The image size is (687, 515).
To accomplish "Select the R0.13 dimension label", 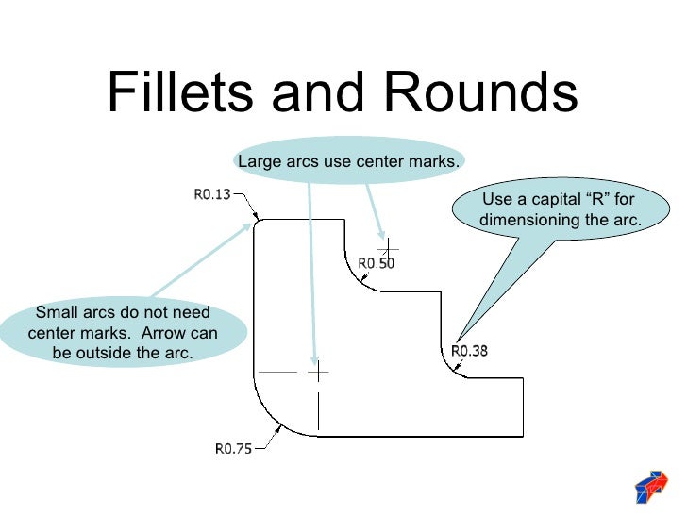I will click(x=212, y=196).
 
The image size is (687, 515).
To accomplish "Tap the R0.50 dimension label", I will click(x=377, y=264).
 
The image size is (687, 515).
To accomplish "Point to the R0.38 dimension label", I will click(x=469, y=351).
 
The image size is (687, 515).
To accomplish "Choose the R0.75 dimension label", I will click(x=234, y=449).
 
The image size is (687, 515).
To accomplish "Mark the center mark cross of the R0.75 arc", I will click(x=319, y=372).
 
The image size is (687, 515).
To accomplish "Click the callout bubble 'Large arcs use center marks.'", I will click(x=348, y=161).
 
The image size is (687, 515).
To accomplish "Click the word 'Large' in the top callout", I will click(x=259, y=161).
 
